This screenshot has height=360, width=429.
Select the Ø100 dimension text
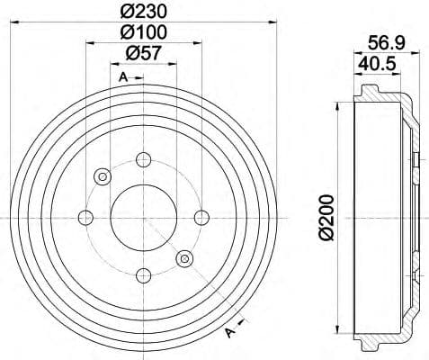pyautogui.click(x=142, y=34)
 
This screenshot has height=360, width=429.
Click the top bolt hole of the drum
pyautogui.click(x=144, y=159)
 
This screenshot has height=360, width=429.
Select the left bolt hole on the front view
pyautogui.click(x=86, y=217)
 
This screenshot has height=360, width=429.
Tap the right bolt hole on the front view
pyautogui.click(x=201, y=217)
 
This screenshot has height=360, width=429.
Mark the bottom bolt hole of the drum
pyautogui.click(x=144, y=274)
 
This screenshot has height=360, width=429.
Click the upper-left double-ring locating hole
pyautogui.click(x=102, y=175)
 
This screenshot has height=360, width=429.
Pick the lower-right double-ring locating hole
pyautogui.click(x=185, y=259)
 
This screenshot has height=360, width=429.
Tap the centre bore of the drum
pyautogui.click(x=144, y=217)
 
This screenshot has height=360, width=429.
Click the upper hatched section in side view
pyautogui.click(x=378, y=94)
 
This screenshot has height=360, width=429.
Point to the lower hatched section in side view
pyautogui.click(x=378, y=340)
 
